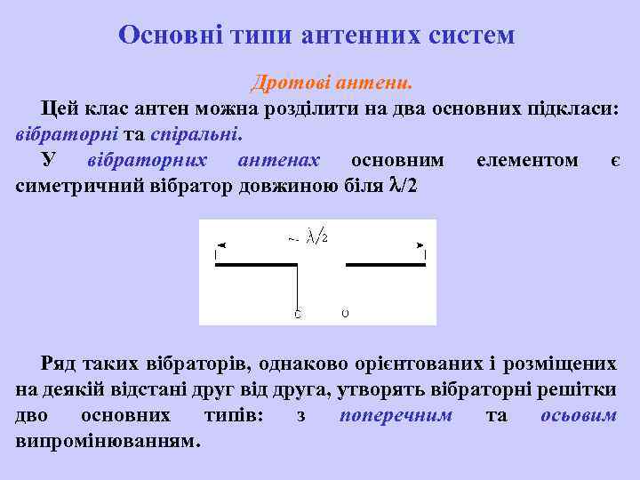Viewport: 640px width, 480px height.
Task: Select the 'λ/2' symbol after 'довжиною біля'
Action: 402,186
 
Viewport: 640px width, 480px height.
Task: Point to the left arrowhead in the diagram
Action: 220,244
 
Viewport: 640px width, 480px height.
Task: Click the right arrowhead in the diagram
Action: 420,244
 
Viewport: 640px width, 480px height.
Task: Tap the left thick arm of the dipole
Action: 255,265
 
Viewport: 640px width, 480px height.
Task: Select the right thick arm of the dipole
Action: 386,265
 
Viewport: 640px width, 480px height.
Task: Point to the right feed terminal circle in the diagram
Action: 345,313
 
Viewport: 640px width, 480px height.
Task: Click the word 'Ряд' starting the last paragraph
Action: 59,364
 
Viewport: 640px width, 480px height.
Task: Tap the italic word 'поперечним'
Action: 396,415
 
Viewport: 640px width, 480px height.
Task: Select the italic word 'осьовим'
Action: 579,415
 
